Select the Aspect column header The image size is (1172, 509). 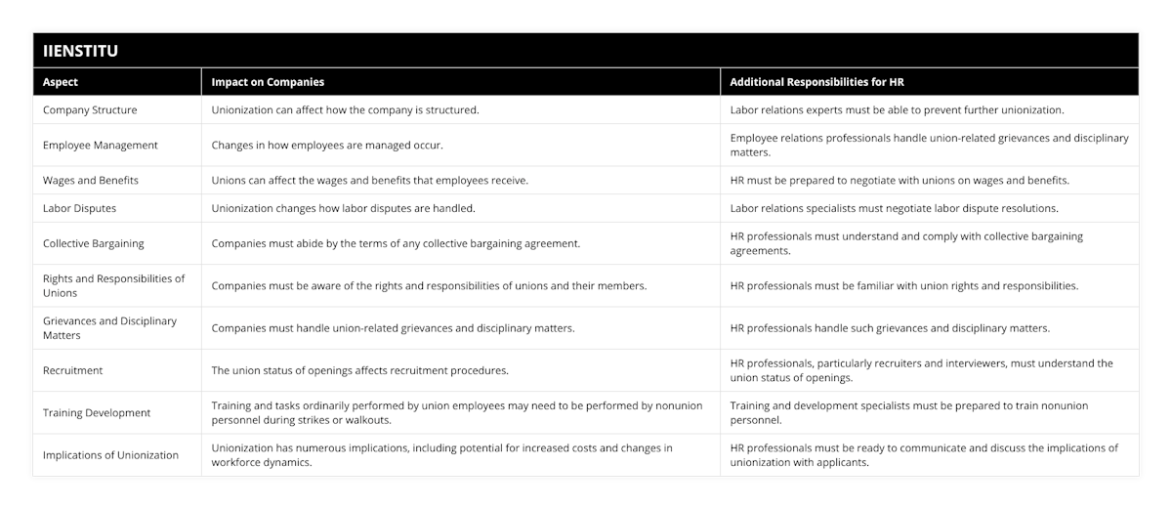[x=61, y=82]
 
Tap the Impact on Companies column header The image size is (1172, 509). [x=268, y=82]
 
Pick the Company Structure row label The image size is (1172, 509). [x=90, y=109]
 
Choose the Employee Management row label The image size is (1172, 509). [x=100, y=145]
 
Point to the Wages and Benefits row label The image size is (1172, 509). [x=91, y=180]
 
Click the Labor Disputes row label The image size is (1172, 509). [x=79, y=208]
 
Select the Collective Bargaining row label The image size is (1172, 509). [x=94, y=243]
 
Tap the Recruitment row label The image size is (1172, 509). [x=73, y=370]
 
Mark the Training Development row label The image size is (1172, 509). [x=97, y=412]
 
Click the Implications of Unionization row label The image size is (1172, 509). [x=110, y=454]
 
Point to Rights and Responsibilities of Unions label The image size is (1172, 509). [x=113, y=285]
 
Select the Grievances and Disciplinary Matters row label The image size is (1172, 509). [x=109, y=327]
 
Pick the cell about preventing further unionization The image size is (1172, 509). [x=897, y=109]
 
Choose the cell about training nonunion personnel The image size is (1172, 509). [x=908, y=412]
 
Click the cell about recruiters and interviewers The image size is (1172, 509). [x=921, y=370]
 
